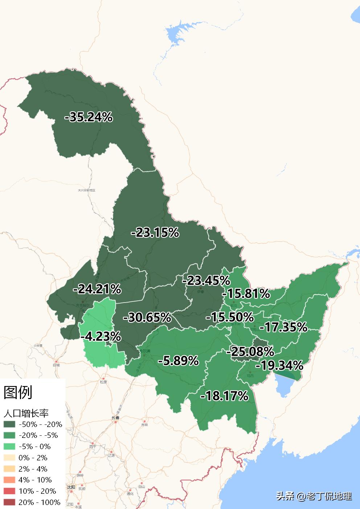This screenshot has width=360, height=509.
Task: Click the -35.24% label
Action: (x=88, y=117)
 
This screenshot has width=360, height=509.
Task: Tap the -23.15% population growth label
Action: (x=155, y=233)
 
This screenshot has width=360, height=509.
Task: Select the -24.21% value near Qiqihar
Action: (x=97, y=289)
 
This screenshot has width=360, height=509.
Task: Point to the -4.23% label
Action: (x=101, y=336)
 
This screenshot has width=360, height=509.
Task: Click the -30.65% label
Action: (x=147, y=317)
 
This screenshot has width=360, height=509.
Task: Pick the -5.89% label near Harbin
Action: (x=178, y=361)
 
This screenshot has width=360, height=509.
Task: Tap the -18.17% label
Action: (x=224, y=395)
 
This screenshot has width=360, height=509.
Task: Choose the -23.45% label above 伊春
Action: (x=206, y=280)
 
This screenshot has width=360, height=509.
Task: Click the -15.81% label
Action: (x=246, y=293)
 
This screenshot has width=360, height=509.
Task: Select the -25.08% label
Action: (x=250, y=351)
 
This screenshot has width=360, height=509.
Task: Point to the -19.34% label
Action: (x=279, y=365)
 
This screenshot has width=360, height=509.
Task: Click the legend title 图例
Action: (x=18, y=392)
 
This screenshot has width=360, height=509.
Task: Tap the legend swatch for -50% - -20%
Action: (x=9, y=424)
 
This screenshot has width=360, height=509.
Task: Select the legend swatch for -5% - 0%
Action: (x=9, y=446)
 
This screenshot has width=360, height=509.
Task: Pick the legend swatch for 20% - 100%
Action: (x=9, y=502)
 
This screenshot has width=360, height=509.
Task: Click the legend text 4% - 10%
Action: (x=35, y=480)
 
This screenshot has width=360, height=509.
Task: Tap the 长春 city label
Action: (x=115, y=418)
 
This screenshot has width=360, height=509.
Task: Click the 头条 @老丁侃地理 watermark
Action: (x=314, y=496)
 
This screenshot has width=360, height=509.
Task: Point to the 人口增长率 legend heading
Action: (x=26, y=413)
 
